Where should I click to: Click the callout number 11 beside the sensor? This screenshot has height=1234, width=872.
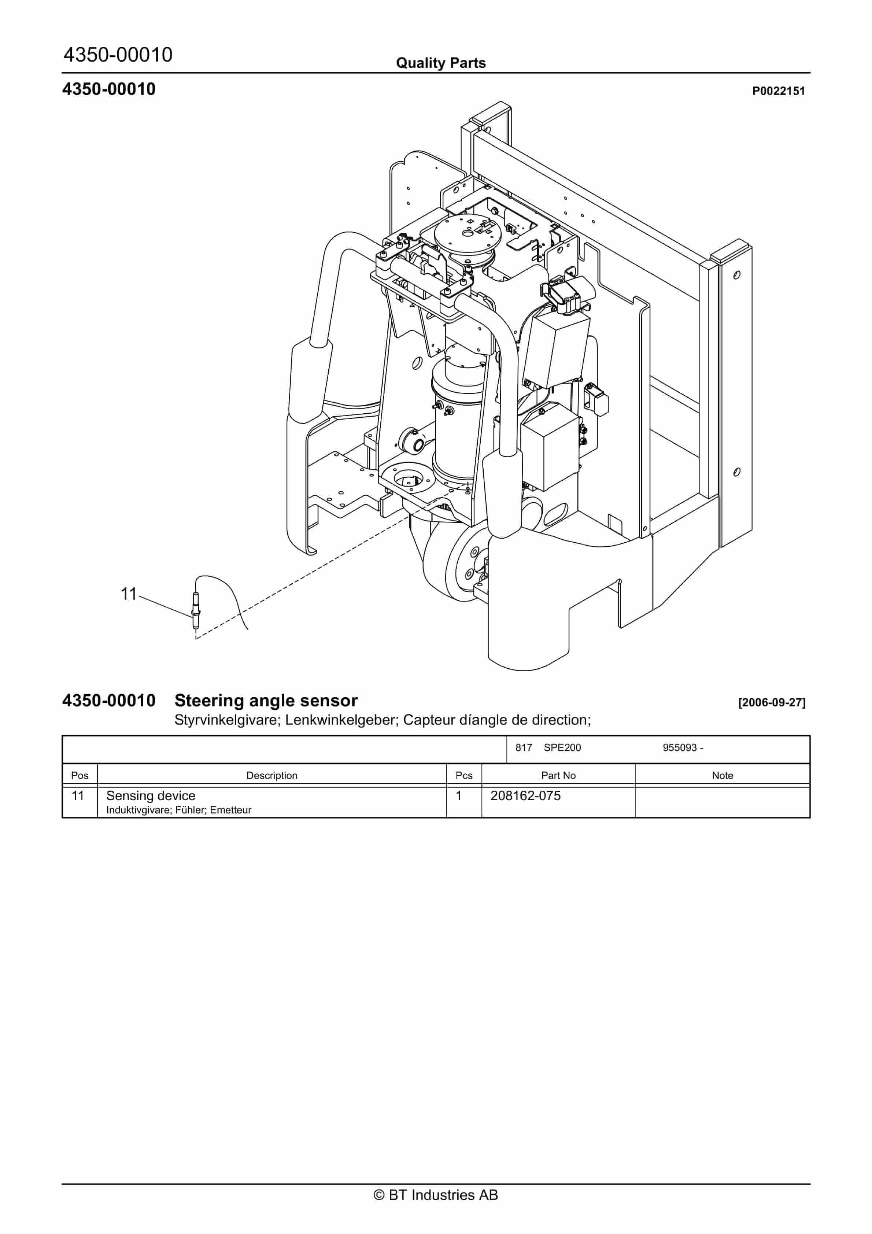[x=129, y=594]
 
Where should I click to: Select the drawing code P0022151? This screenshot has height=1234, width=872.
[x=778, y=91]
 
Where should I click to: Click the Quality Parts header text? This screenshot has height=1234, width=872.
[x=440, y=63]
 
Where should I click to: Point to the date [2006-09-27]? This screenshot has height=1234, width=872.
[x=772, y=702]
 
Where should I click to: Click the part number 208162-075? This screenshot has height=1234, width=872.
[x=525, y=795]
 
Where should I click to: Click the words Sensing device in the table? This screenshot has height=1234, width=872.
[x=151, y=795]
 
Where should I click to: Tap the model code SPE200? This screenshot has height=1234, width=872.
[x=562, y=747]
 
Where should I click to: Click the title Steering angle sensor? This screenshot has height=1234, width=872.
[x=266, y=701]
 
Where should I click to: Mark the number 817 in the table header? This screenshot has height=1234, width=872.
[x=523, y=747]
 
